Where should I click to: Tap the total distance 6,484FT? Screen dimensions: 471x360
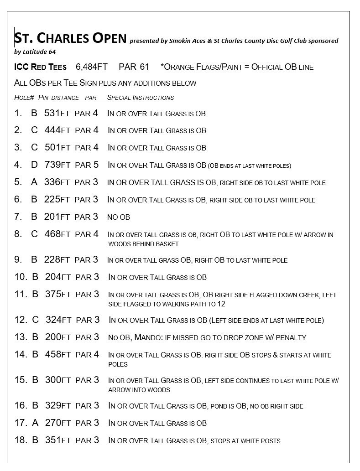[x=92, y=67]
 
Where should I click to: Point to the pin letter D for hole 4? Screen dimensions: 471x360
[x=34, y=165]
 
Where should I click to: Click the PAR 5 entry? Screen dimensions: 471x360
[x=86, y=165]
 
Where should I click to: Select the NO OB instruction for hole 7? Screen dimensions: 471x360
[x=119, y=217]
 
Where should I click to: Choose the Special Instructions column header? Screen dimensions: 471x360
[x=141, y=98]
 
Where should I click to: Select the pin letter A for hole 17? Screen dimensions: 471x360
[x=35, y=423]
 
